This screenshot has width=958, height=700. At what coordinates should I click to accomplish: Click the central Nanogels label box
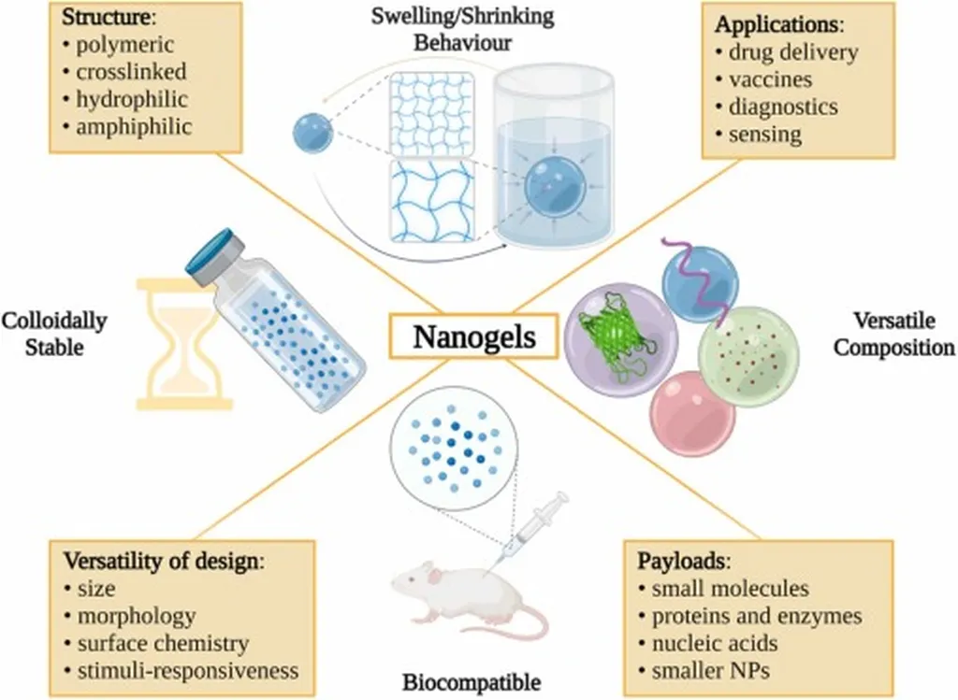(474, 337)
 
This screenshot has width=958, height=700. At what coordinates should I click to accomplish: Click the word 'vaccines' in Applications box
(770, 79)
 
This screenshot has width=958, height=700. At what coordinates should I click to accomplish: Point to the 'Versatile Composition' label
(893, 335)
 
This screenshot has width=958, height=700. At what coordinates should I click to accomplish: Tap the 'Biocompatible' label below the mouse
(471, 679)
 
